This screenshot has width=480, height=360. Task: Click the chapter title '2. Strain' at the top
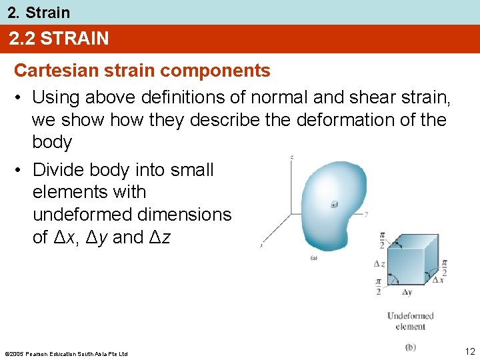(x=39, y=12)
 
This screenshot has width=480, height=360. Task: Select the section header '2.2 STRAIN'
(x=59, y=39)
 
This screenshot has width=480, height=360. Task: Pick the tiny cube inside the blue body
(x=333, y=205)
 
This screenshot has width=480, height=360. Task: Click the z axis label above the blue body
(x=292, y=157)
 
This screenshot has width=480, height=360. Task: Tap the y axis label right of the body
(x=367, y=214)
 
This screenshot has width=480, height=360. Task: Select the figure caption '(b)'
(x=411, y=347)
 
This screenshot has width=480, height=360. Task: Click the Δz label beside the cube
(x=379, y=264)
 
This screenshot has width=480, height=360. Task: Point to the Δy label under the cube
(x=406, y=292)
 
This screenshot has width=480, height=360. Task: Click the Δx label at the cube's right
(x=437, y=279)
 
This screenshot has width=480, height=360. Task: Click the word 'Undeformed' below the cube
(x=410, y=316)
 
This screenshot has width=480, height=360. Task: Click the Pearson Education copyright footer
(x=66, y=353)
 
